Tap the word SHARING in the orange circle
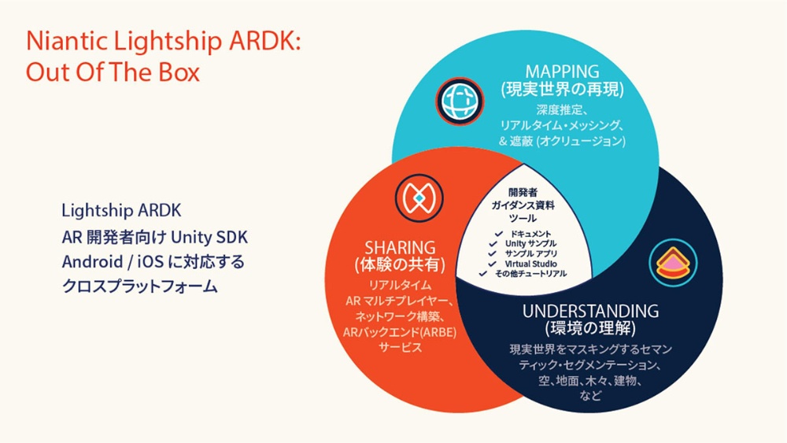pos(400,245)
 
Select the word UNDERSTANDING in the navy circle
pos(590,311)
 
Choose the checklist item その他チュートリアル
pos(531,274)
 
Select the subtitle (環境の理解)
pos(590,327)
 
